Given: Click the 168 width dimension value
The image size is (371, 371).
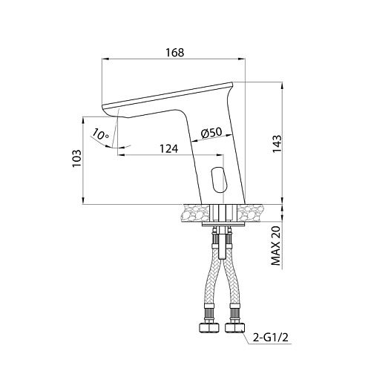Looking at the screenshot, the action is pos(175,53).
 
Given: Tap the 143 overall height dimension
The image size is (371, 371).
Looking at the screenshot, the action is pos(277,144).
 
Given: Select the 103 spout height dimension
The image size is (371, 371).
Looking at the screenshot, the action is pos(77,158).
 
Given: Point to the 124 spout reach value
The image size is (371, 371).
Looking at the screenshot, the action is pos(169,149).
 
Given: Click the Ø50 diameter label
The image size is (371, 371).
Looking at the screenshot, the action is pos(211,132).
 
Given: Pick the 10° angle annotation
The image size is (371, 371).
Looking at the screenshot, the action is pos(101,135).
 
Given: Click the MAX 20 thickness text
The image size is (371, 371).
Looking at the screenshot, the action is pos(277,246).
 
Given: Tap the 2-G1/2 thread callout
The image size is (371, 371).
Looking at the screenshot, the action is pos(271,338).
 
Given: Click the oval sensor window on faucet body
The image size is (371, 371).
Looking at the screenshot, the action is pos(218,179).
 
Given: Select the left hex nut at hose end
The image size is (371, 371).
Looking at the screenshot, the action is pos(209,327).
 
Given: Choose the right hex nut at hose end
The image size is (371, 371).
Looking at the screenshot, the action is pos(234,327).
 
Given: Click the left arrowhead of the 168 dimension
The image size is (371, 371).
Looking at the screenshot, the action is pos(105,59).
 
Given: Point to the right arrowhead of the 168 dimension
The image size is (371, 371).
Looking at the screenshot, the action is pos(241,59).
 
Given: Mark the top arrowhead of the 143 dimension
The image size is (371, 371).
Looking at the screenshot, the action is pos(283,85).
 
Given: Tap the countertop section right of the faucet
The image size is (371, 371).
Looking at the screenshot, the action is pos(251,213).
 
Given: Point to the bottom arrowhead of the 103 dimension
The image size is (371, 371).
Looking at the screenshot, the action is pos(83,200).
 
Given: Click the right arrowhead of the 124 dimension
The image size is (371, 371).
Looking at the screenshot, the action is pos(220,155).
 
